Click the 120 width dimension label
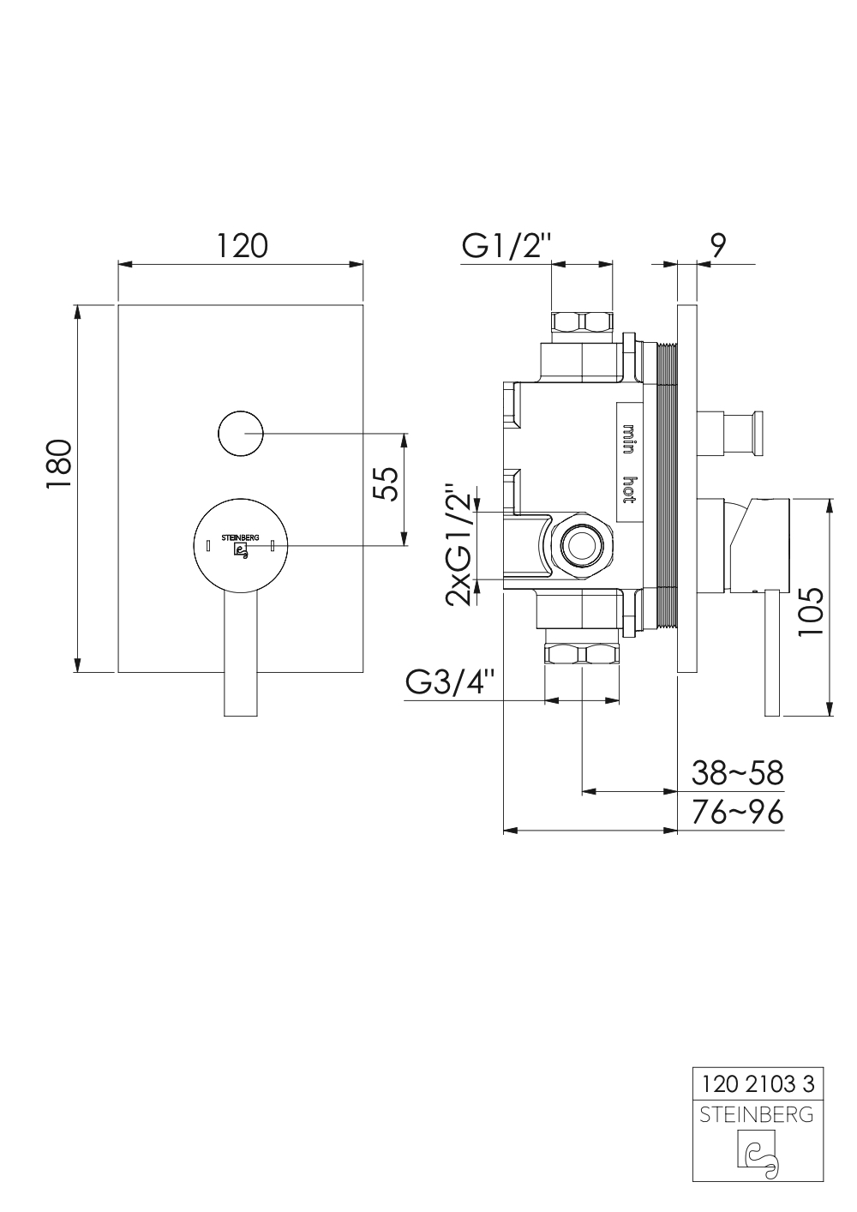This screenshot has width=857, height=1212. [x=241, y=246]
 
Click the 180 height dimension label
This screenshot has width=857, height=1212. [x=58, y=465]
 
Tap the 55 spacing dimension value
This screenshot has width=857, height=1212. [x=385, y=485]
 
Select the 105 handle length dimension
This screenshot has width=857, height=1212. [x=809, y=610]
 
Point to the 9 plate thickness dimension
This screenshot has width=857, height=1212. [x=719, y=246]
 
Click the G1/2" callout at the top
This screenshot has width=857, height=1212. [x=503, y=246]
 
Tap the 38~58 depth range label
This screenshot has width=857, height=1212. [x=737, y=773]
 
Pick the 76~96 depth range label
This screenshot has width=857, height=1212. [x=737, y=811]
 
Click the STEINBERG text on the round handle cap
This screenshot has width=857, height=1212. [x=241, y=537]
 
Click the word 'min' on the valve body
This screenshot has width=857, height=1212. [x=627, y=438]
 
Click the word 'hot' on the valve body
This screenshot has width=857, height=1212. [x=627, y=489]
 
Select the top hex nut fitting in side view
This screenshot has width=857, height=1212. [x=582, y=323]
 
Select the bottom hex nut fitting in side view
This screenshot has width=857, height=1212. [x=582, y=655]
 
